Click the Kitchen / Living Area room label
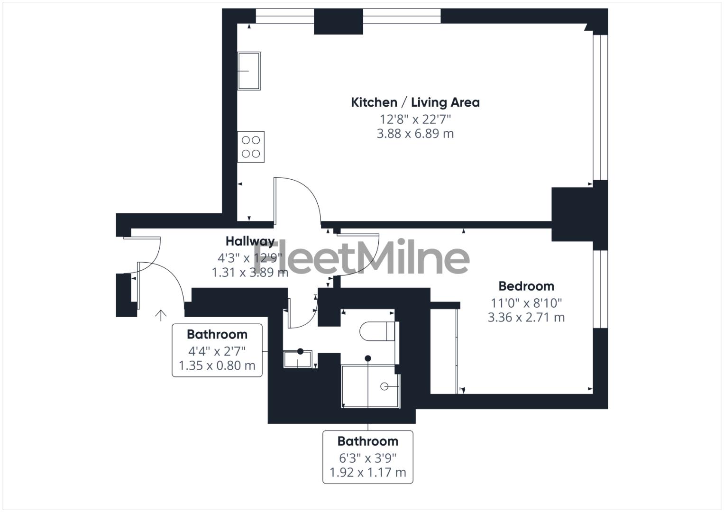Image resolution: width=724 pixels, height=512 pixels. (x=415, y=102)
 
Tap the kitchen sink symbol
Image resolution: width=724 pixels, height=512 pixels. (x=249, y=71)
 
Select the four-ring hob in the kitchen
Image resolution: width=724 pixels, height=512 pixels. (x=251, y=147)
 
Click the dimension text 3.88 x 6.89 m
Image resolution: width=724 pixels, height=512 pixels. (x=415, y=134)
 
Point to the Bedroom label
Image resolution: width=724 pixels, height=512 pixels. (x=526, y=286)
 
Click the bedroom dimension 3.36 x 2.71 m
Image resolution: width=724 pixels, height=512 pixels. (x=526, y=317)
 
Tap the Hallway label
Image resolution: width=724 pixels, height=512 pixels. (x=250, y=241)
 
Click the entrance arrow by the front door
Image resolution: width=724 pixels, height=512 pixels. (x=161, y=315)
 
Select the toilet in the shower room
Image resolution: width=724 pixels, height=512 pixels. (x=377, y=331)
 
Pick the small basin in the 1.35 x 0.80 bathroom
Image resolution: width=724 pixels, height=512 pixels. (x=298, y=359)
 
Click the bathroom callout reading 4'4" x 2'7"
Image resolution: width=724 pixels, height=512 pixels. (x=217, y=350)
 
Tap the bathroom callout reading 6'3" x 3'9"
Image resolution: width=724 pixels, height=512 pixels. (x=367, y=457)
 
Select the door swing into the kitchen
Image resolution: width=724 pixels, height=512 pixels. (x=299, y=199)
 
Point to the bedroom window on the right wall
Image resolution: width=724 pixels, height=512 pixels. (x=600, y=289)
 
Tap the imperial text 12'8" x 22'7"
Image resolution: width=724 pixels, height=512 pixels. (x=415, y=119)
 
